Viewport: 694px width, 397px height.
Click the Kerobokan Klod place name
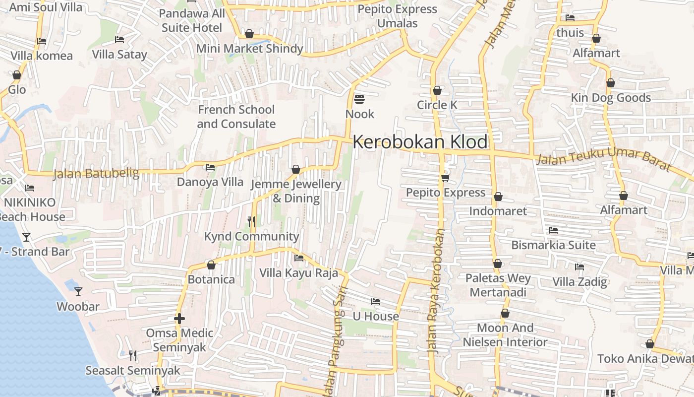click(420, 142)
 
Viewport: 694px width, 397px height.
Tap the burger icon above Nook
click(359, 100)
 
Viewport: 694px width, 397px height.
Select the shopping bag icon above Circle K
click(437, 90)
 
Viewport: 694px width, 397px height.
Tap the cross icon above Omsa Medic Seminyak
click(179, 318)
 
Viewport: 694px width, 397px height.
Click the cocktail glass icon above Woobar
click(78, 291)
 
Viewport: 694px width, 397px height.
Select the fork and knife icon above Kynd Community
click(251, 221)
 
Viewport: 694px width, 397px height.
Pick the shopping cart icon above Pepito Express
click(445, 178)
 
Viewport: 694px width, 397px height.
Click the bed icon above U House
click(376, 302)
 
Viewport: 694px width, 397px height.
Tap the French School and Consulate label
click(236, 117)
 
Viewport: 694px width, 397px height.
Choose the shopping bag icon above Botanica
click(211, 265)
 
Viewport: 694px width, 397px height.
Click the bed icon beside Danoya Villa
click(210, 167)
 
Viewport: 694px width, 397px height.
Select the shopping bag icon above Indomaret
click(498, 197)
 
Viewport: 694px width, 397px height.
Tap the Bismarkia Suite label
click(553, 245)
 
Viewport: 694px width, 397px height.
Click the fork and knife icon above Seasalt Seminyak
click(132, 355)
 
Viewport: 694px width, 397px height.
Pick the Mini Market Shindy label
click(249, 48)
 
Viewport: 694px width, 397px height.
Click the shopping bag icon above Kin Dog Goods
click(611, 83)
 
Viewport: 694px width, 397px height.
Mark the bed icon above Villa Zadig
click(579, 267)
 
